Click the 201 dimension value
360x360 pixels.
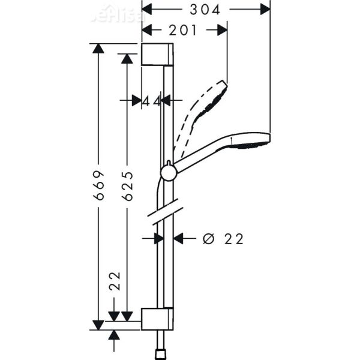[x=182, y=30]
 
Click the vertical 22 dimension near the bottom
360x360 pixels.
[x=115, y=281]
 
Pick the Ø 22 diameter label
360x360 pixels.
[x=223, y=239]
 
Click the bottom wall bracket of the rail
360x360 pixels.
[x=158, y=318]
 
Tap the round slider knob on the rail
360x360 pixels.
[x=169, y=173]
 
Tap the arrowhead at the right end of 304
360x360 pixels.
[x=265, y=10]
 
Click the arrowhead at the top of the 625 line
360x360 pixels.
[x=127, y=59]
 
